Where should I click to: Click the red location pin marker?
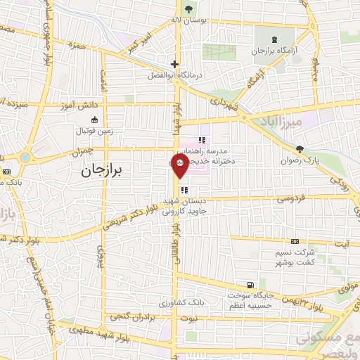[x=179, y=167]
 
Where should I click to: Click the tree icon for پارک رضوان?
[x=300, y=149]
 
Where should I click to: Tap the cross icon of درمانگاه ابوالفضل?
[x=174, y=63]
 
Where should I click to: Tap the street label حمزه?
[x=76, y=44]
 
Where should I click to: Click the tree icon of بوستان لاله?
[x=188, y=8]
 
